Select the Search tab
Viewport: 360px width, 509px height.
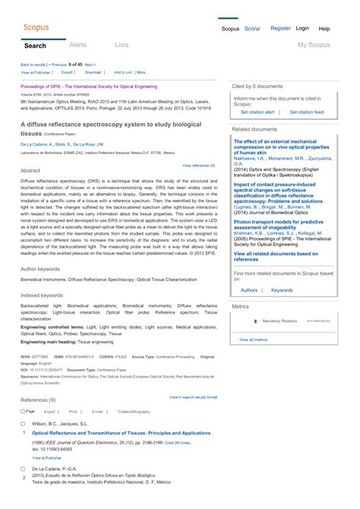[x=35, y=46]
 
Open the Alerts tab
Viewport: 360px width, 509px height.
[x=78, y=46]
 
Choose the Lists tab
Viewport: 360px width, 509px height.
[x=122, y=46]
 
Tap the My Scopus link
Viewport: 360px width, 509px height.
[x=313, y=46]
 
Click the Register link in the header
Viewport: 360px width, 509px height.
[x=280, y=28]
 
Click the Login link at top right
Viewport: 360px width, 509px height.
[x=302, y=28]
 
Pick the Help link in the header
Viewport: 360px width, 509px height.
[x=324, y=28]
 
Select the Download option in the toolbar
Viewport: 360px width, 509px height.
[x=93, y=72]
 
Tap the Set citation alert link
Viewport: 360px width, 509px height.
[x=257, y=112]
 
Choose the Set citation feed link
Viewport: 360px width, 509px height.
[x=307, y=112]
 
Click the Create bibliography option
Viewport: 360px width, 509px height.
[x=134, y=411]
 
